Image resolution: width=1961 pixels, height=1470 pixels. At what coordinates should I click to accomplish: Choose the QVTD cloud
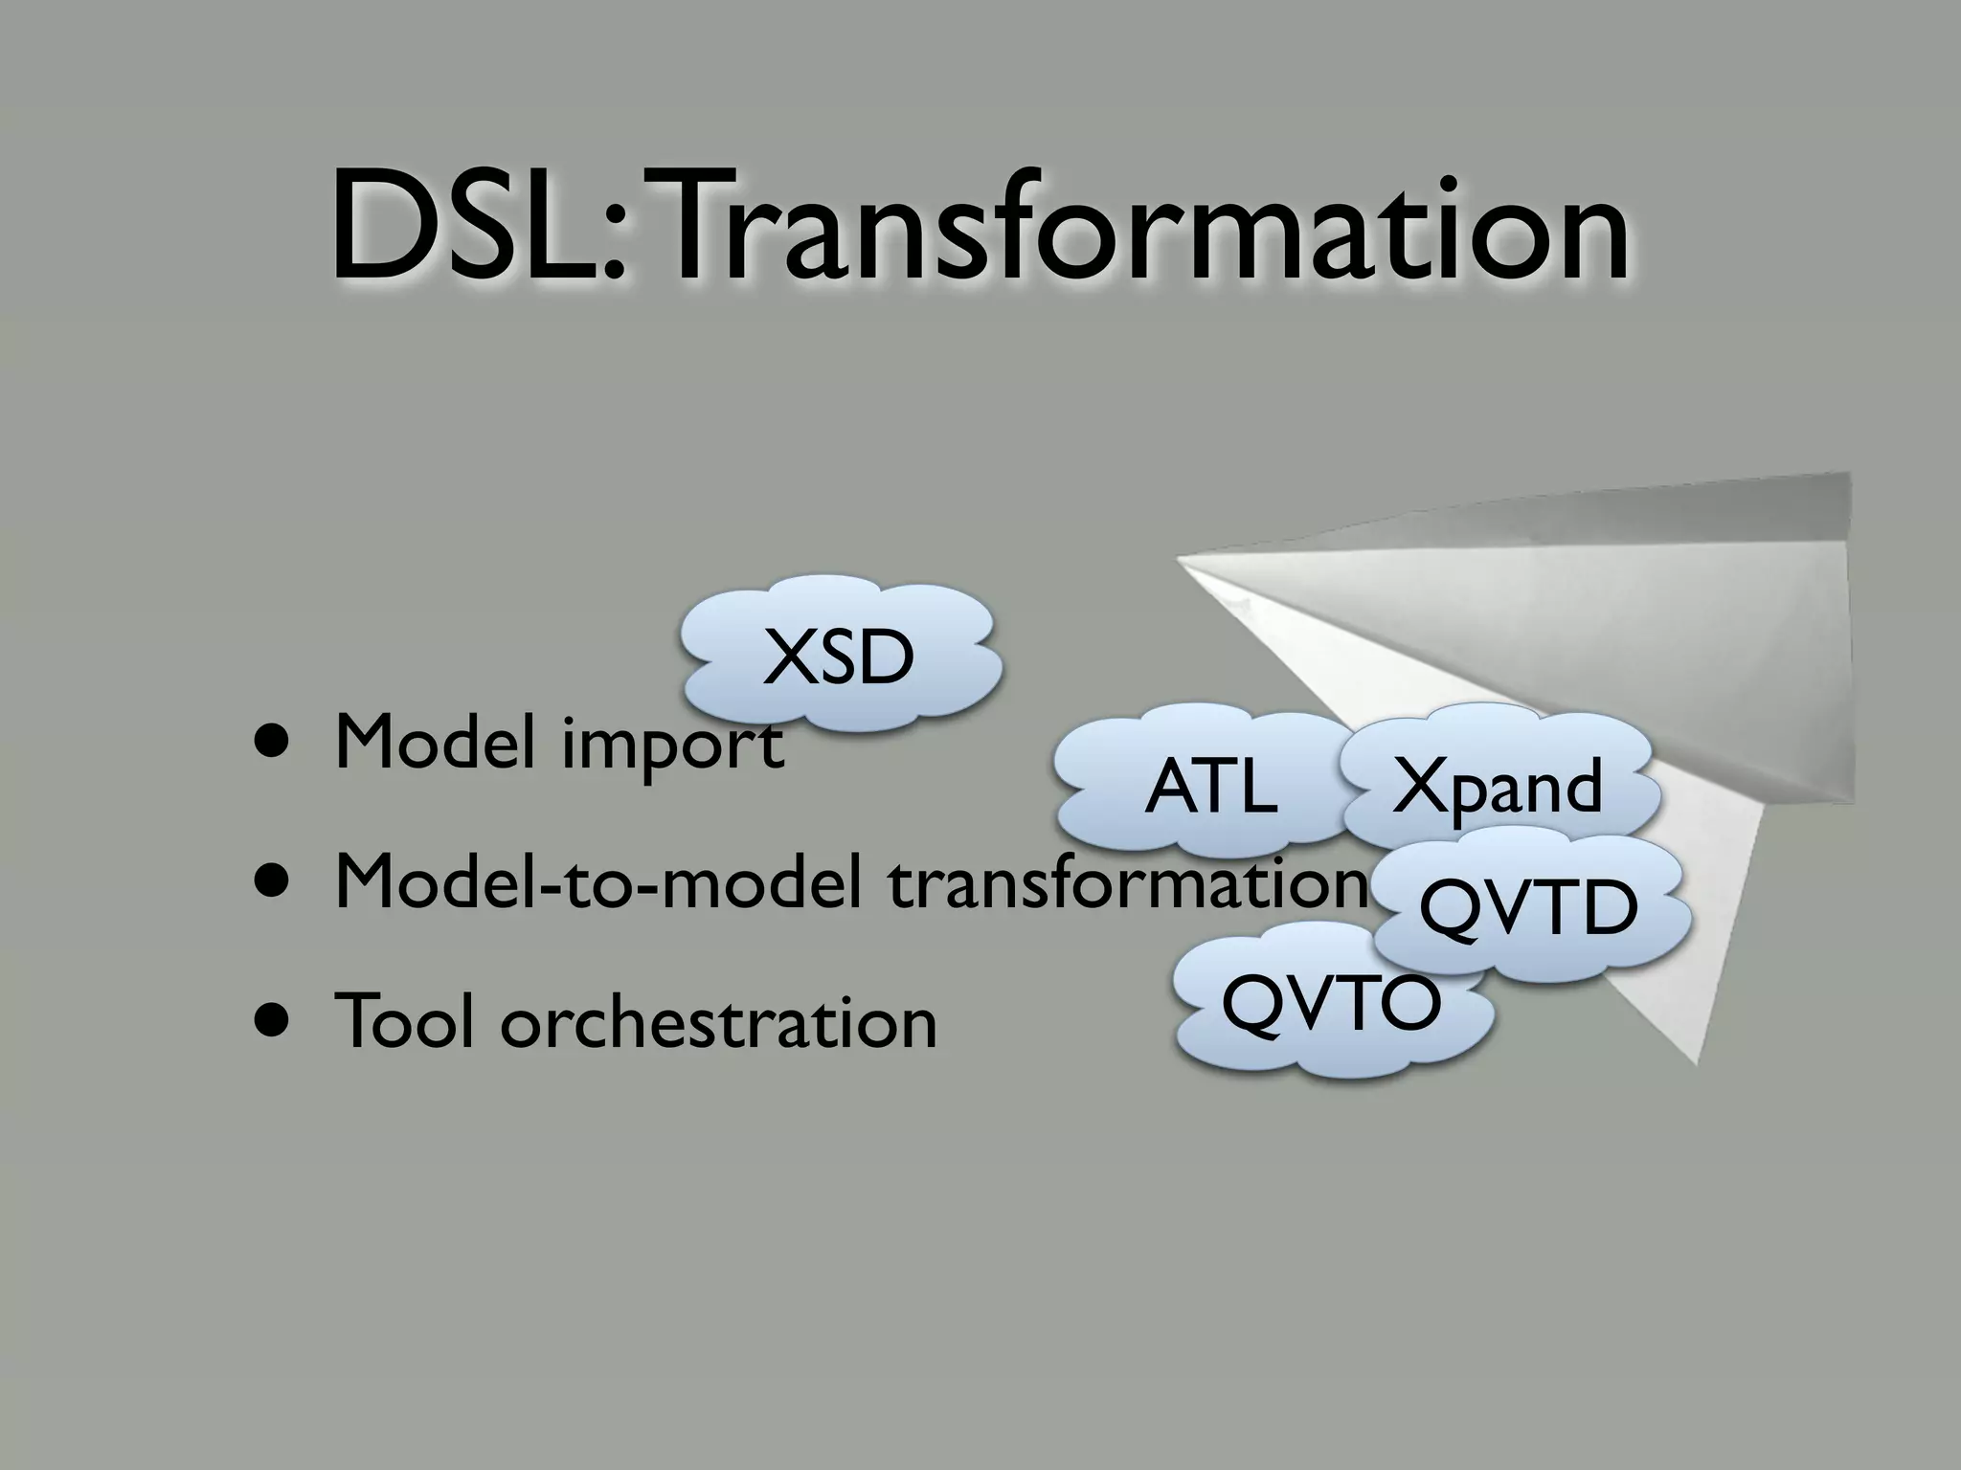1528,909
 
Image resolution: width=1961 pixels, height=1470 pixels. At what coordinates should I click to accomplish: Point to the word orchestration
718,1022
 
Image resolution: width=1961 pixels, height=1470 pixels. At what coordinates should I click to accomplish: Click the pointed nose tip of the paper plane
1180,560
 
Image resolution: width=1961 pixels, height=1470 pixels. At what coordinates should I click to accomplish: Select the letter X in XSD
783,658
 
